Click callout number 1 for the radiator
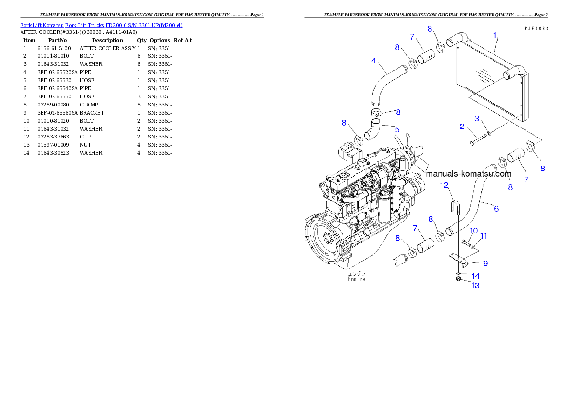click(x=495, y=35)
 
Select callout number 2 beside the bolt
click(x=462, y=127)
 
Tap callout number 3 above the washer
click(x=476, y=118)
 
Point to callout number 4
click(x=374, y=61)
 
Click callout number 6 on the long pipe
click(x=496, y=209)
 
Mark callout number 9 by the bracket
click(x=485, y=263)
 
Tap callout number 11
click(x=484, y=236)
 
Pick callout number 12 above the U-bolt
click(x=444, y=185)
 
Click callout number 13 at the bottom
click(x=475, y=286)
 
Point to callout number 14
click(x=475, y=276)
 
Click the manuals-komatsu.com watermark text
click(x=469, y=174)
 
